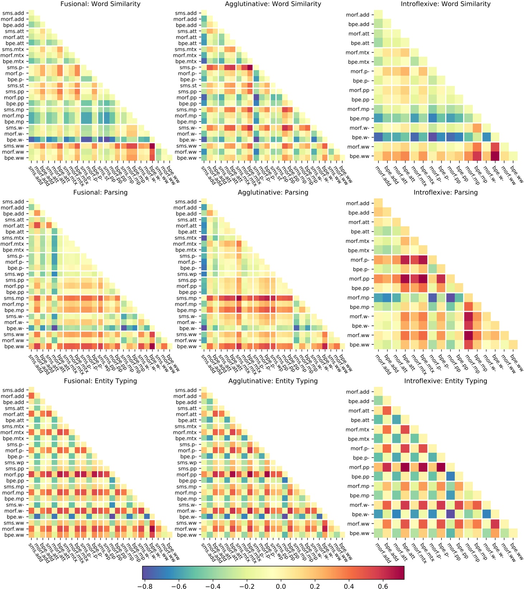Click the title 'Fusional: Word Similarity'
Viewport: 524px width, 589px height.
[x=100, y=4]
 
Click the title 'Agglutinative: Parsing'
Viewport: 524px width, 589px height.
[x=273, y=192]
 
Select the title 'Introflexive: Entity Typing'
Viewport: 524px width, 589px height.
[x=446, y=381]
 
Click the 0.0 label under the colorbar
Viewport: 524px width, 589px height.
[x=281, y=586]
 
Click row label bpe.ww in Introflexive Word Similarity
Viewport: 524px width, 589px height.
[x=359, y=156]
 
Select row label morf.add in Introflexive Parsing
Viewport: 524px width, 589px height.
[x=357, y=203]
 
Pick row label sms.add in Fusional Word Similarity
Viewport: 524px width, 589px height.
[x=13, y=13]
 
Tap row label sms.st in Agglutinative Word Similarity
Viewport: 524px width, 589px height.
[x=188, y=86]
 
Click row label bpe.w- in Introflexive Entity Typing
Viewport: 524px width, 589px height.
[x=360, y=514]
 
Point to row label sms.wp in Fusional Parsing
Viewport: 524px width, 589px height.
[x=14, y=274]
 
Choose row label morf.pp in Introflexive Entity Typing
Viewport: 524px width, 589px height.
[x=359, y=467]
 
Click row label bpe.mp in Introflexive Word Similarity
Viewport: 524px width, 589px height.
[x=359, y=119]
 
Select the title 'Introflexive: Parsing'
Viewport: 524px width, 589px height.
[x=446, y=192]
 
